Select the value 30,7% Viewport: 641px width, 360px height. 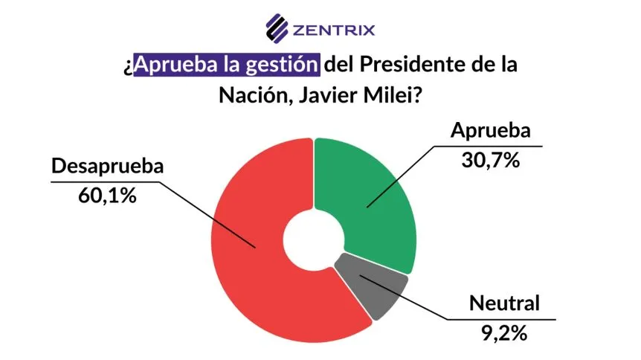point(490,159)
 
